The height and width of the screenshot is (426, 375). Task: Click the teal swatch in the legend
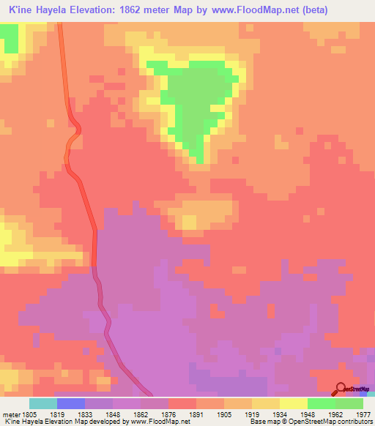pos(43,403)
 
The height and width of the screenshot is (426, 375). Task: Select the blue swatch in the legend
pos(71,403)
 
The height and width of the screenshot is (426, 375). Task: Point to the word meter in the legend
pos(10,414)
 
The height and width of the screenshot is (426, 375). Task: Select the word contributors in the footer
pos(354,422)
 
